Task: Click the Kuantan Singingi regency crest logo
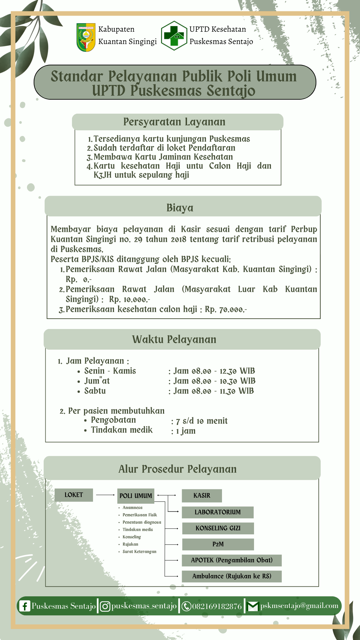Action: (x=86, y=37)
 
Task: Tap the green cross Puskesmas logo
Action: (x=174, y=36)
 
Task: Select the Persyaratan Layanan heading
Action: (x=174, y=122)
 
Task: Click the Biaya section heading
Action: (x=180, y=208)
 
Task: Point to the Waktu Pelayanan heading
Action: (x=174, y=339)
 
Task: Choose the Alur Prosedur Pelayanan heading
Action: (x=178, y=469)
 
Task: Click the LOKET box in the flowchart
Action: (x=74, y=495)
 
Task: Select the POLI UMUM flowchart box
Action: (x=136, y=496)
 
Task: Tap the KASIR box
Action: (x=202, y=496)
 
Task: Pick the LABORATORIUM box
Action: (x=218, y=512)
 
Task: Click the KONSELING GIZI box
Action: (x=218, y=528)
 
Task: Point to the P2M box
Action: (x=218, y=544)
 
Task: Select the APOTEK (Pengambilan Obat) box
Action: (x=232, y=560)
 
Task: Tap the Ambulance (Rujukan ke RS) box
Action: (x=232, y=576)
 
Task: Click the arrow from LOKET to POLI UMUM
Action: (x=105, y=495)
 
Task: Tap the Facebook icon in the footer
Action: (x=25, y=606)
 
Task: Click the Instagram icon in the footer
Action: (x=105, y=606)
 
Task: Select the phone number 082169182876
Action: (x=217, y=606)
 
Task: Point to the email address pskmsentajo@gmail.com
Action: (x=299, y=606)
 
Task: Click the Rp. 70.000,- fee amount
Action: (x=226, y=309)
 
